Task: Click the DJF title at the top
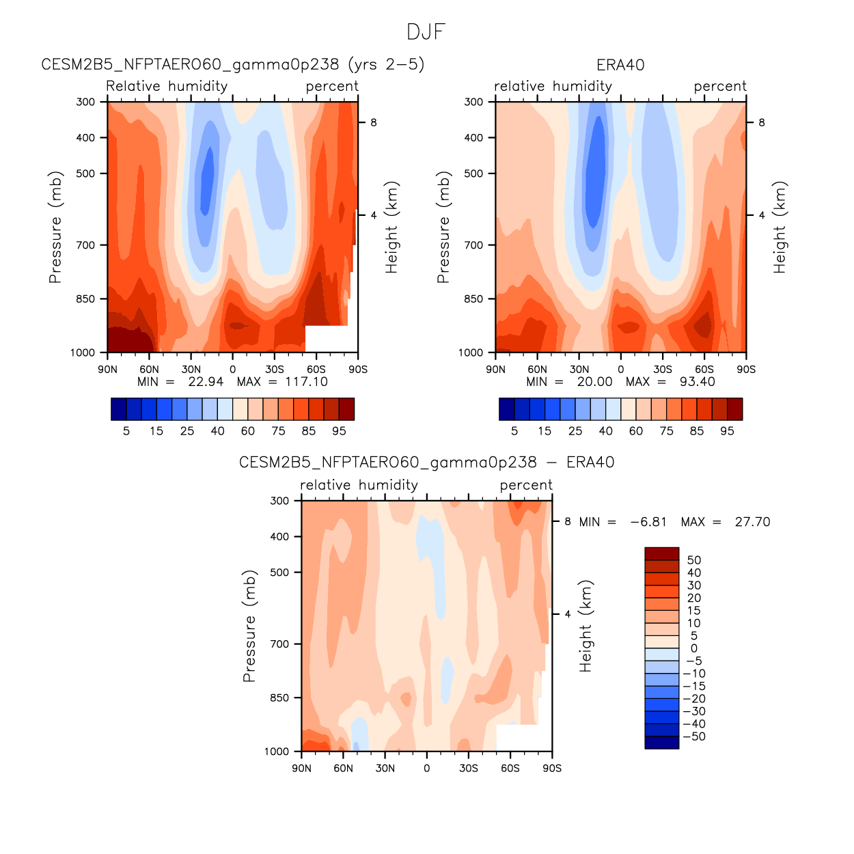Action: click(x=426, y=32)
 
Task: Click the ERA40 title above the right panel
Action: click(x=620, y=65)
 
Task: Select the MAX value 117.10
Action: click(x=306, y=382)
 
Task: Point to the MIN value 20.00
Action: click(x=594, y=382)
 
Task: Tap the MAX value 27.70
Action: click(x=752, y=522)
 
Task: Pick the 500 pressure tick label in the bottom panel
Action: click(x=280, y=573)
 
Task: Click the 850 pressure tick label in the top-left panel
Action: click(x=86, y=299)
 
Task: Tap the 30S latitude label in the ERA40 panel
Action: click(x=663, y=370)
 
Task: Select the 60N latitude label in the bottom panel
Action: click(x=343, y=769)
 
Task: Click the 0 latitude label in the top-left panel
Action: click(x=232, y=370)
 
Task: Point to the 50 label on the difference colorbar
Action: click(x=694, y=560)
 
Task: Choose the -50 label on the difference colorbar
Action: click(x=694, y=736)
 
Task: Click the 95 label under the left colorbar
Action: click(x=339, y=431)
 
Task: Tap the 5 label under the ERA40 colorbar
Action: click(x=514, y=431)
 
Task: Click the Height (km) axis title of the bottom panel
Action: click(x=586, y=626)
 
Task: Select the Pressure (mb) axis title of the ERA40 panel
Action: click(x=443, y=227)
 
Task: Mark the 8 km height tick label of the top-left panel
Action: click(x=374, y=123)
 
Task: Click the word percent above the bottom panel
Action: click(x=526, y=485)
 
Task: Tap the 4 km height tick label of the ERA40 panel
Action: click(x=762, y=215)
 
